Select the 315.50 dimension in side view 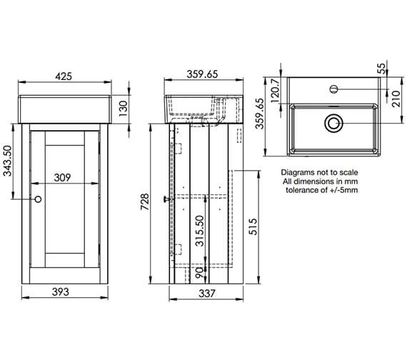point(202,231)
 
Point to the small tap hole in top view point(333,90)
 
